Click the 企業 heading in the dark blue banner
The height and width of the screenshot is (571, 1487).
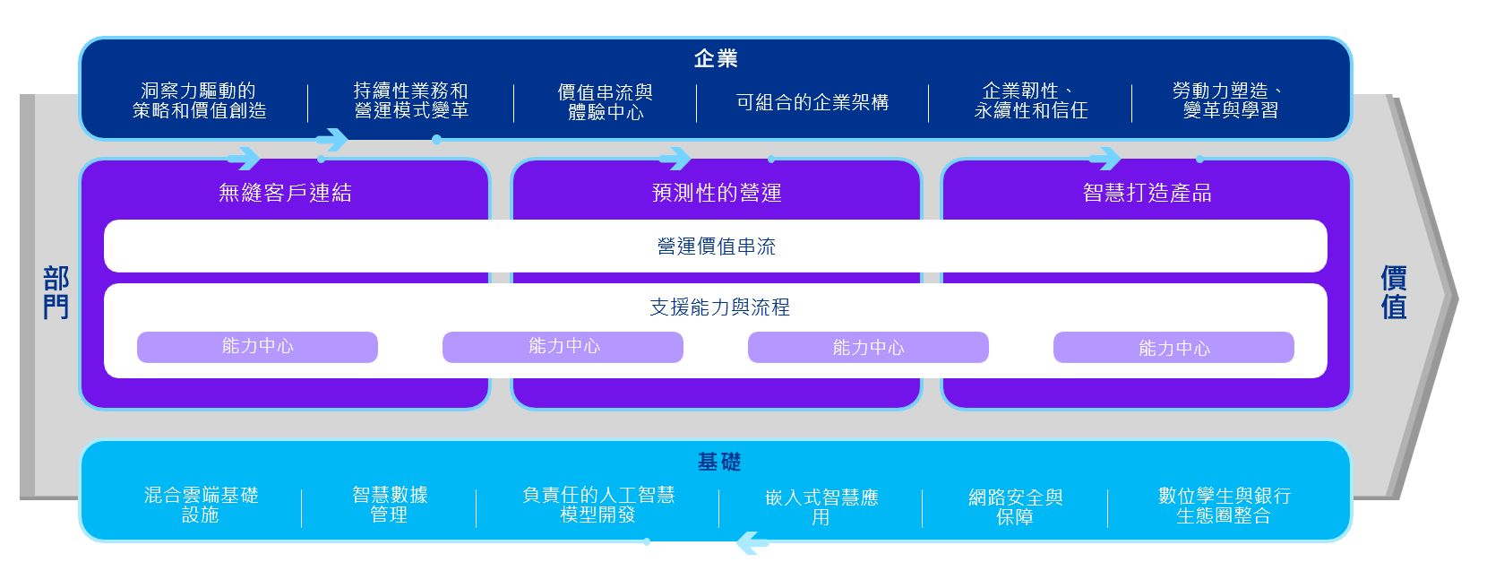715,59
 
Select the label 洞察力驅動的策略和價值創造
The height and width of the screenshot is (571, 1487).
199,100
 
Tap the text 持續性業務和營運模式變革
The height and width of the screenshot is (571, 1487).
410,100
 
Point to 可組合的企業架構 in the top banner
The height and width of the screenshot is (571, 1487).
812,102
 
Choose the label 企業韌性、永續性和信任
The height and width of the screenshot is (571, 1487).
1030,100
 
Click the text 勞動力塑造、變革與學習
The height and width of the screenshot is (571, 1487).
1230,100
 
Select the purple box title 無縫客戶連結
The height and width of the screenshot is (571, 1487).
285,193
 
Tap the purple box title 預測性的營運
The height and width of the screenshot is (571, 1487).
716,193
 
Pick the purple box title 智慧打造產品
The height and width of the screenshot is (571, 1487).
1147,193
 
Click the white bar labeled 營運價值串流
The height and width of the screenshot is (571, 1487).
716,247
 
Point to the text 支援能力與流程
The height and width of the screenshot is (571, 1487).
719,307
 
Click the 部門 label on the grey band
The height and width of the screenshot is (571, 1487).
56,292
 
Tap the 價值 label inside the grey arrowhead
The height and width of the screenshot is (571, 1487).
1393,292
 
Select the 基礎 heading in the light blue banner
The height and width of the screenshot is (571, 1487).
718,462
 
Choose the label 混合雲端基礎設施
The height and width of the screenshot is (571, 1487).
201,505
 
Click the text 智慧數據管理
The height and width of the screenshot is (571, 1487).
389,505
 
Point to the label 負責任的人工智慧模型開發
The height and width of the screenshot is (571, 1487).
597,505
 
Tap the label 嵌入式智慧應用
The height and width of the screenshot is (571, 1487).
821,506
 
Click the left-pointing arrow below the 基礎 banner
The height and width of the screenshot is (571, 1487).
752,542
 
